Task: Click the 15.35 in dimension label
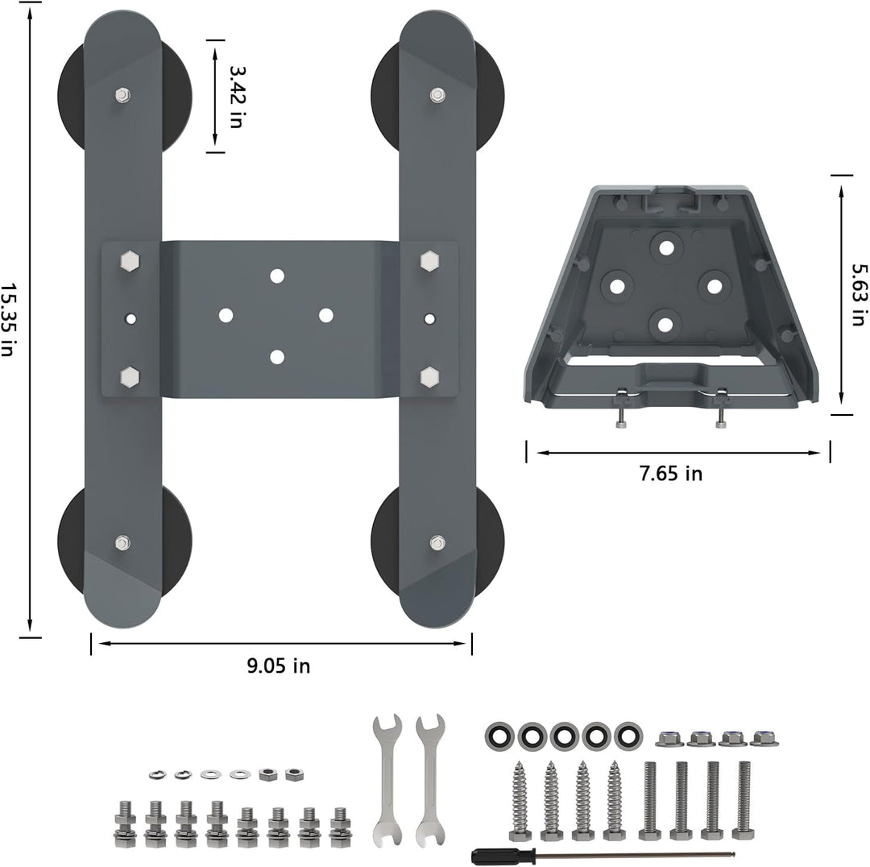click(x=7, y=319)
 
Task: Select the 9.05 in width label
click(x=279, y=666)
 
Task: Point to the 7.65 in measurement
click(x=671, y=474)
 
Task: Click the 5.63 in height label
click(x=858, y=294)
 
